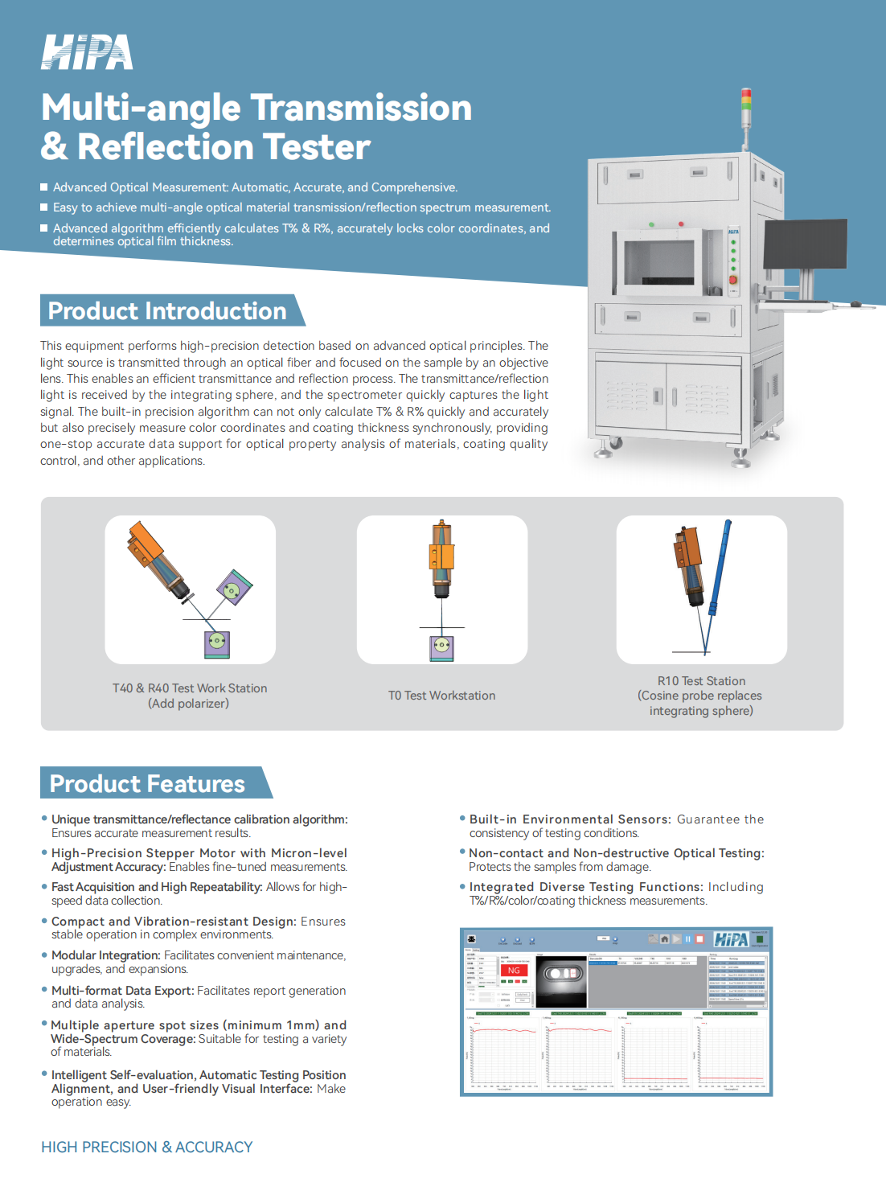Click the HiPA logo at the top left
[x=87, y=52]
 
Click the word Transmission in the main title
[x=360, y=108]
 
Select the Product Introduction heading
[x=167, y=311]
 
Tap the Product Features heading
[x=148, y=784]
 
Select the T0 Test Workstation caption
[x=441, y=696]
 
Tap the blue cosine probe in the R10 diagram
[x=720, y=563]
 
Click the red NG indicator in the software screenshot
[x=514, y=971]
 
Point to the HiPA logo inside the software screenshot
[x=731, y=939]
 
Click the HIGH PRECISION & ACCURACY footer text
[x=147, y=1148]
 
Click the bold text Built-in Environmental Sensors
[x=569, y=819]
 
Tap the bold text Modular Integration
[x=105, y=955]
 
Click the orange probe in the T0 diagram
[x=441, y=556]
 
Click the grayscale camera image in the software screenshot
[x=561, y=981]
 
